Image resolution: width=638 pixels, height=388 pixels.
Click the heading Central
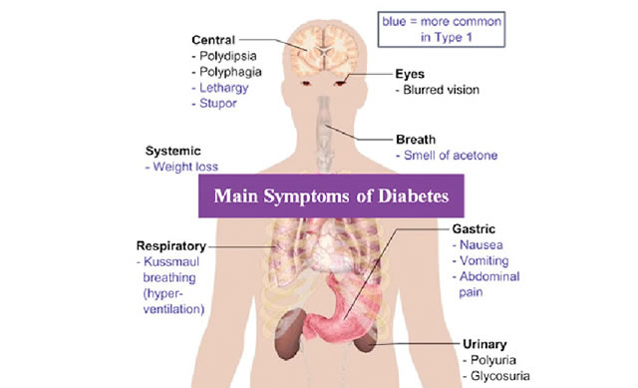pyautogui.click(x=213, y=40)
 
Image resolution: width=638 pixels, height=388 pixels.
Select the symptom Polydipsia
pyautogui.click(x=228, y=56)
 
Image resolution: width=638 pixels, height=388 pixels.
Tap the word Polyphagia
pyautogui.click(x=230, y=72)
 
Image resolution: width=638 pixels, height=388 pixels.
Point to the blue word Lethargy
pyautogui.click(x=223, y=88)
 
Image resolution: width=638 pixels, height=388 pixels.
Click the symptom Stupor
pyautogui.click(x=218, y=104)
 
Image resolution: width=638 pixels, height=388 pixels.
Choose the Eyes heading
pyautogui.click(x=410, y=74)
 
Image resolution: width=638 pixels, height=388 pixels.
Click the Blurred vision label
pyautogui.click(x=441, y=90)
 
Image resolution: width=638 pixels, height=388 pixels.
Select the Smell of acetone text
pyautogui.click(x=451, y=156)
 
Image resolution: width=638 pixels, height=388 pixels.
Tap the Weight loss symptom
pyautogui.click(x=185, y=167)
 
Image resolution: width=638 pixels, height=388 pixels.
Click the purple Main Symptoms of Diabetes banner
pyautogui.click(x=331, y=195)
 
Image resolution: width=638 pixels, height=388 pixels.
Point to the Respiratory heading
pyautogui.click(x=171, y=246)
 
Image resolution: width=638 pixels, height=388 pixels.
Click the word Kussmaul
pyautogui.click(x=171, y=261)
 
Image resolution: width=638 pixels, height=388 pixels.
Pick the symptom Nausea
pyautogui.click(x=480, y=245)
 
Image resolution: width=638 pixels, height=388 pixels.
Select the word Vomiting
pyautogui.click(x=483, y=260)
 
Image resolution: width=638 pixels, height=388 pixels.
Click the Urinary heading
pyautogui.click(x=484, y=344)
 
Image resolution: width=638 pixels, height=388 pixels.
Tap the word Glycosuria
pyautogui.click(x=500, y=376)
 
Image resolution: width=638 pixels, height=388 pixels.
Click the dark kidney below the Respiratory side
pyautogui.click(x=290, y=334)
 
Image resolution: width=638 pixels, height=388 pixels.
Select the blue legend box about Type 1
pyautogui.click(x=442, y=29)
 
